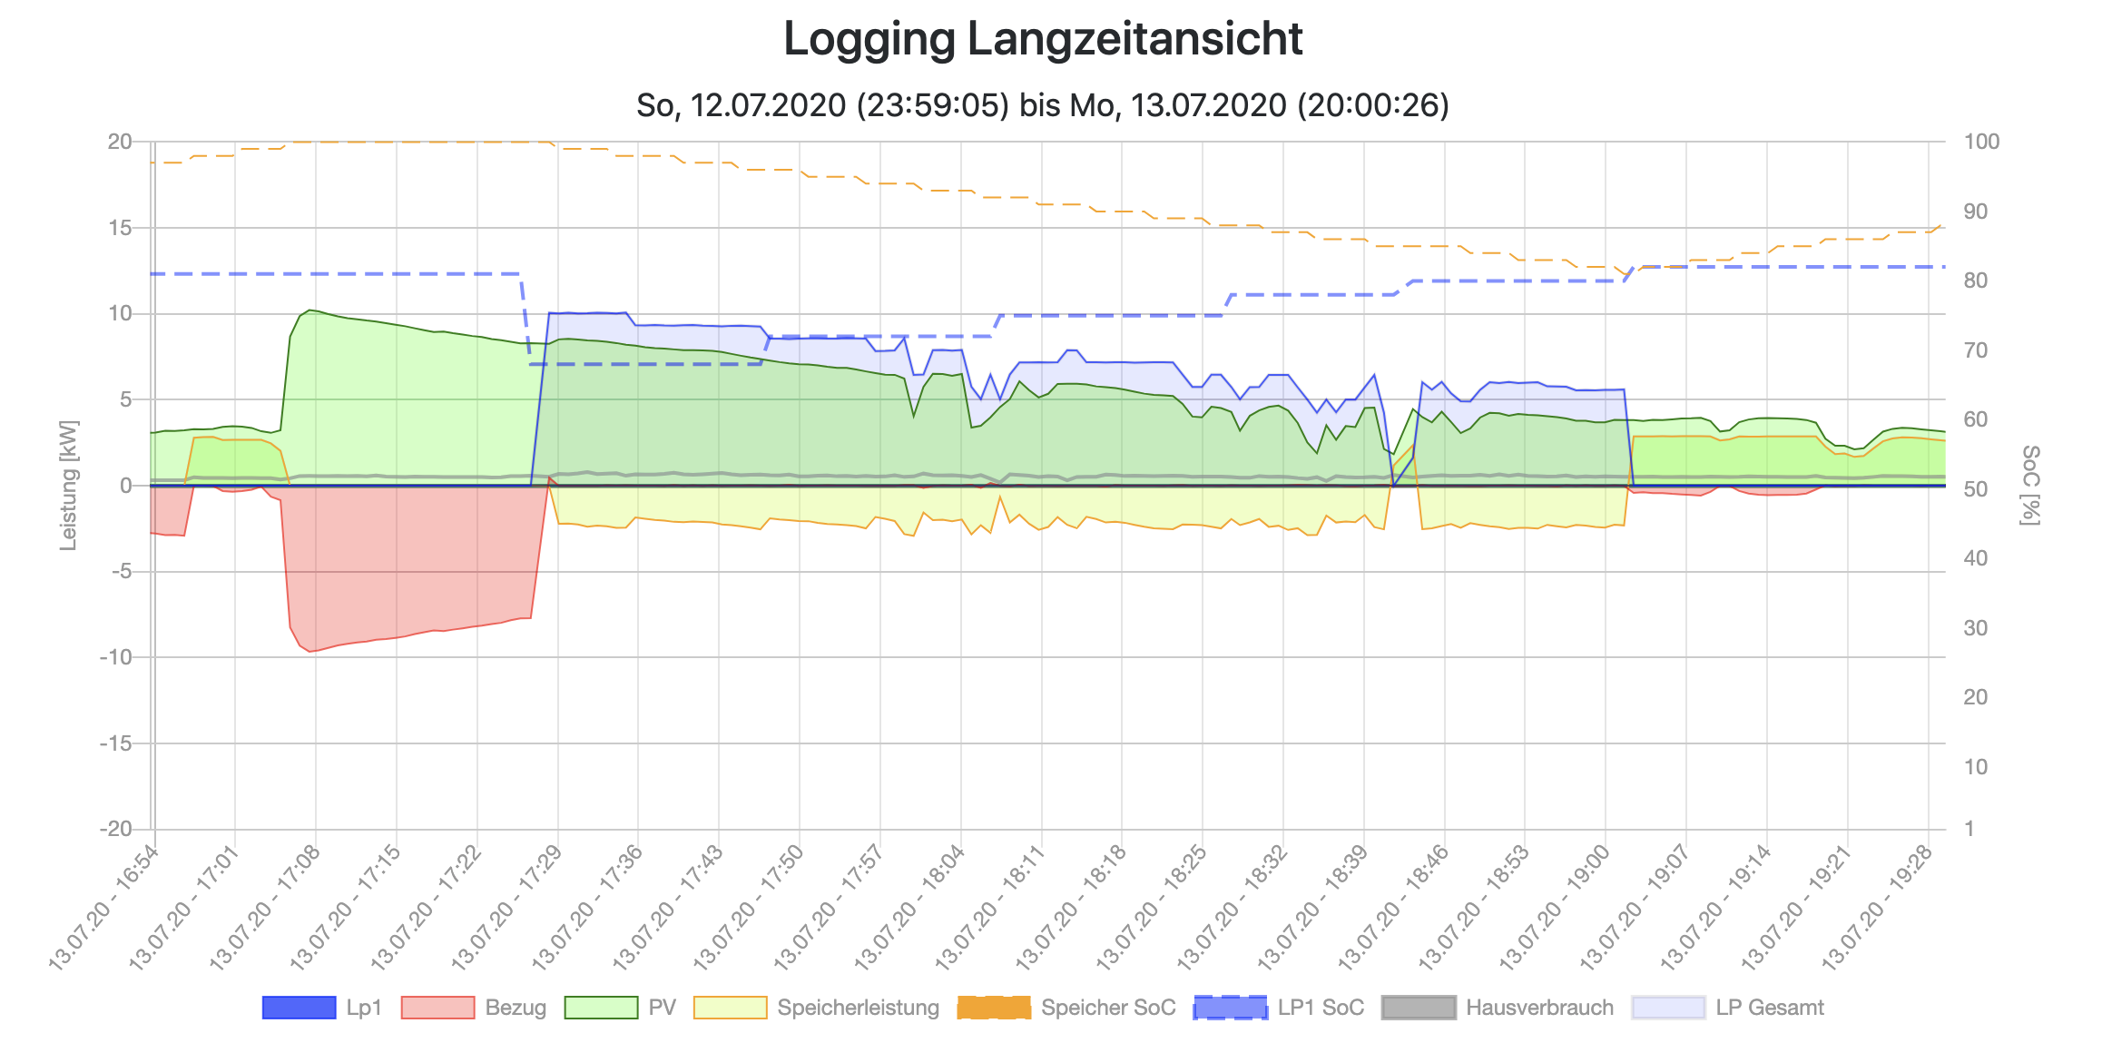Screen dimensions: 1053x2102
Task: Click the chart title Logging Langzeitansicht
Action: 1043,40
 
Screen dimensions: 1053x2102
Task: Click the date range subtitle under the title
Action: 1043,105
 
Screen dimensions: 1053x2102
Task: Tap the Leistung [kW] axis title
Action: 69,485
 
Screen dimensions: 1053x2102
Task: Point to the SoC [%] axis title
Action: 2030,485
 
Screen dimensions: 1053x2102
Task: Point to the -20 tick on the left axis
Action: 116,829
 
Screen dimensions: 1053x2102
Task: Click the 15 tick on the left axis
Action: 120,228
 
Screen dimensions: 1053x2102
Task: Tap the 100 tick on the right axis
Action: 1981,142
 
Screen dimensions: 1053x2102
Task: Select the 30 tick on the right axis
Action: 1976,628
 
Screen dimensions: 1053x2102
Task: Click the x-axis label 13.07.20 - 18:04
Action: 911,908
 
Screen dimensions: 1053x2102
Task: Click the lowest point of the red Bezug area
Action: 309,651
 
